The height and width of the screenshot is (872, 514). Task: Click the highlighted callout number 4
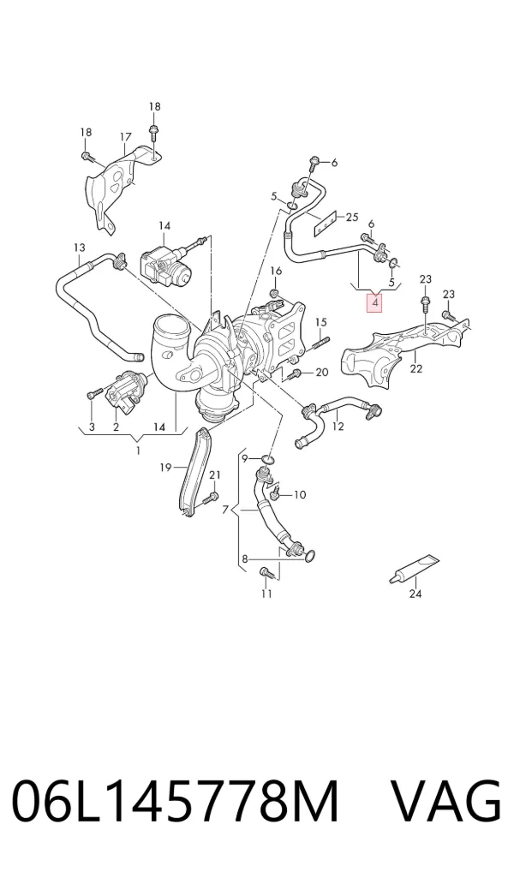[x=375, y=303]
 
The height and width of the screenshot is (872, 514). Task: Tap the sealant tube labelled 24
[x=415, y=570]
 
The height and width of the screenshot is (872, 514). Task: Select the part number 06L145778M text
[x=176, y=803]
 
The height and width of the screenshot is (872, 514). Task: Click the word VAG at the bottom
[x=446, y=803]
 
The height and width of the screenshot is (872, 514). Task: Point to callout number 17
[x=126, y=137]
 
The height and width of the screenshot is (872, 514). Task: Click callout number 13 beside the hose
[x=80, y=248]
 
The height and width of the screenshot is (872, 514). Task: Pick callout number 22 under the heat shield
[x=416, y=368]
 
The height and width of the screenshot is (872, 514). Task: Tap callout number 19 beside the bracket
[x=165, y=467]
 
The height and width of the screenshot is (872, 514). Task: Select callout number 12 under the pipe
[x=338, y=427]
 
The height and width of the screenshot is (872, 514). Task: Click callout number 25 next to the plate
[x=352, y=217]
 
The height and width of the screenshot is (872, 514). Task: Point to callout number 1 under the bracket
[x=139, y=451]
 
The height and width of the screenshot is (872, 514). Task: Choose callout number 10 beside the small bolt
[x=299, y=494]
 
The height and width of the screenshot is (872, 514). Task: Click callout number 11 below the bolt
[x=266, y=594]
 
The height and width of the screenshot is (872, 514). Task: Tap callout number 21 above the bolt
[x=215, y=475]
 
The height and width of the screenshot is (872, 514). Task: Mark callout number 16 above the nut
[x=277, y=271]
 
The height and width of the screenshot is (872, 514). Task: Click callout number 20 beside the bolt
[x=322, y=373]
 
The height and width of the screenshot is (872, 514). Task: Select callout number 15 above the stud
[x=321, y=322]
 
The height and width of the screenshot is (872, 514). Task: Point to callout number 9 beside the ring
[x=244, y=458]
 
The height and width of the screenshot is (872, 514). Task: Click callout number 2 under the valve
[x=116, y=427]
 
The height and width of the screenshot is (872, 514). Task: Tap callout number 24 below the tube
[x=415, y=594]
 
